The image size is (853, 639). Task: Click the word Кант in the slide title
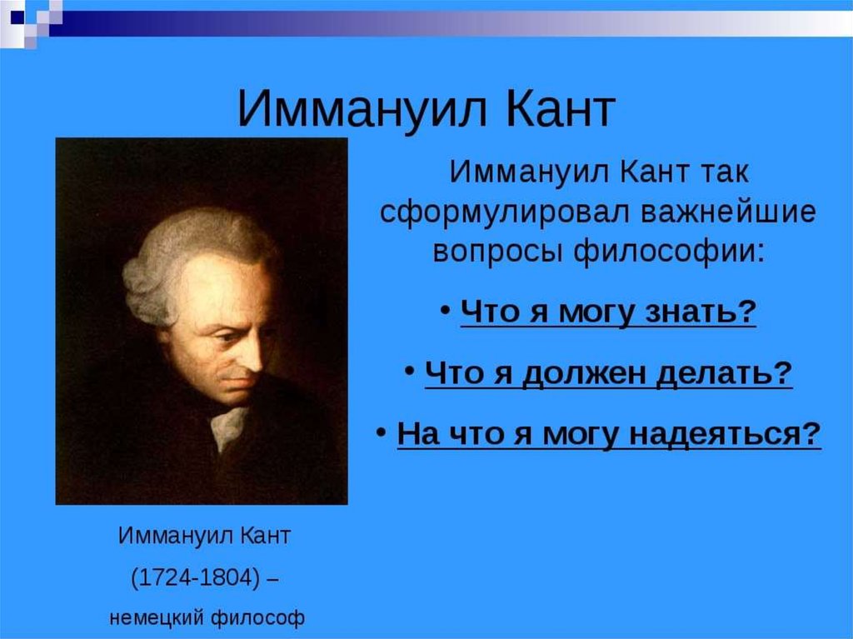(560, 109)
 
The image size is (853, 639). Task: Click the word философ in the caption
(257, 618)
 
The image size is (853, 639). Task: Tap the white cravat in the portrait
(229, 428)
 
